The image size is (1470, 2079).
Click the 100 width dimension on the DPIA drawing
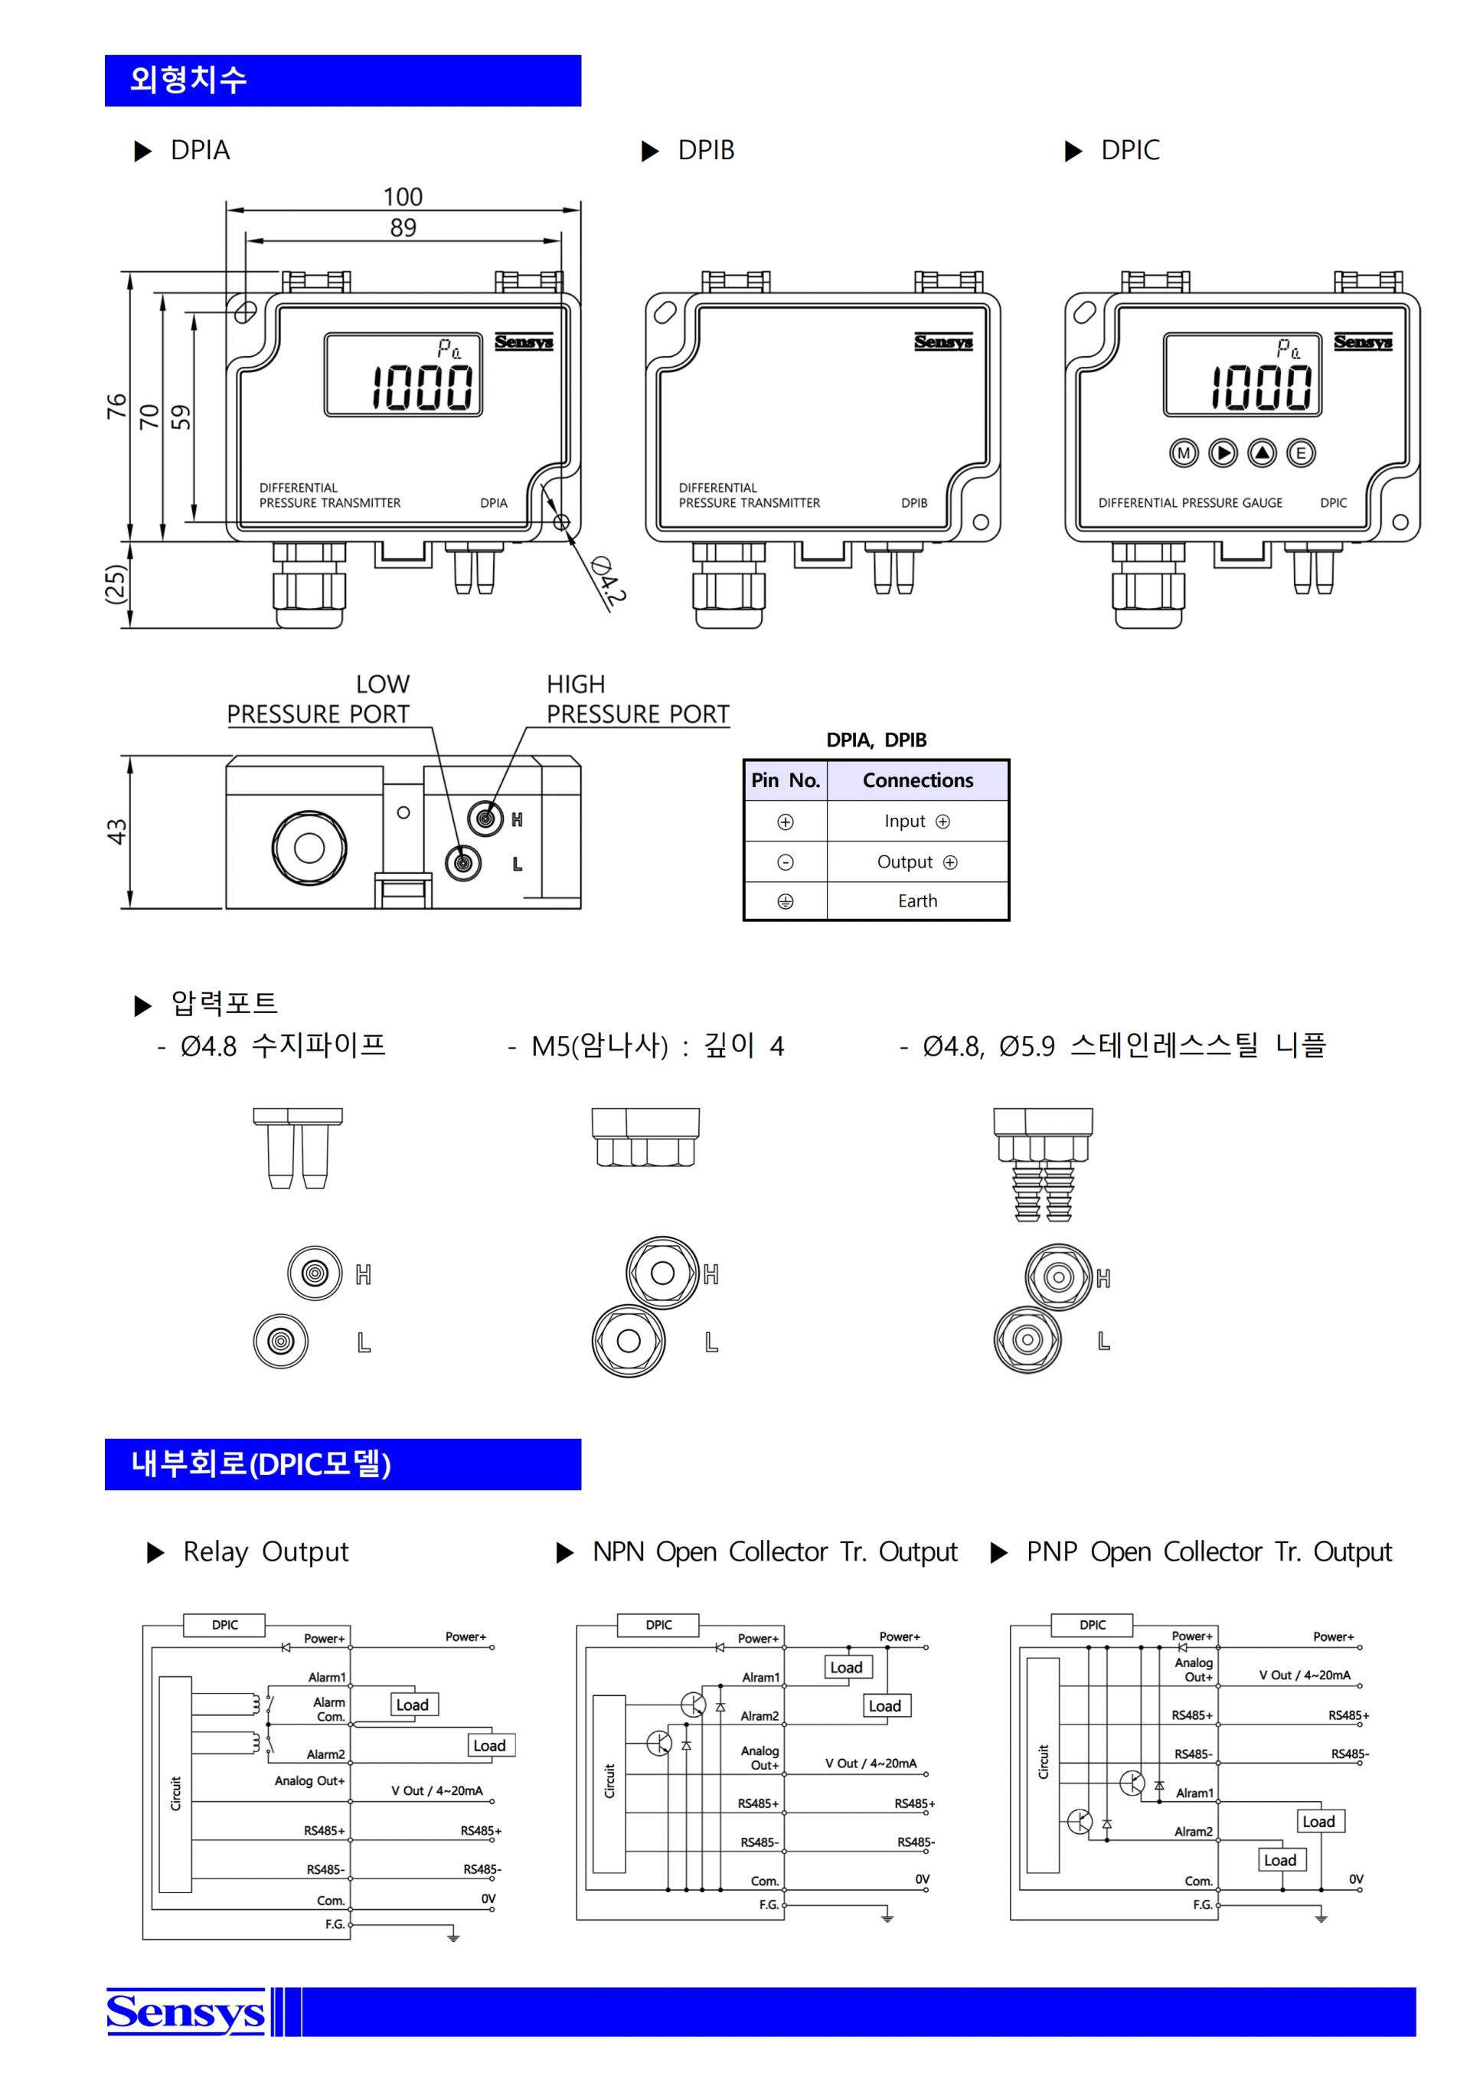pyautogui.click(x=403, y=197)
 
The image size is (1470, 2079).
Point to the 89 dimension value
pyautogui.click(x=403, y=227)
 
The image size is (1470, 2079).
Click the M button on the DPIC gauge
pyautogui.click(x=1183, y=453)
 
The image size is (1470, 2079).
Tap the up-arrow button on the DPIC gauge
pyautogui.click(x=1262, y=453)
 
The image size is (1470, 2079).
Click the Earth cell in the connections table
pyautogui.click(x=918, y=901)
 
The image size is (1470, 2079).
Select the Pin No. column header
pyautogui.click(x=785, y=780)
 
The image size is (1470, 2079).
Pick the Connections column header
pyautogui.click(x=918, y=780)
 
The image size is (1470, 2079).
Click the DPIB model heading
pyautogui.click(x=706, y=150)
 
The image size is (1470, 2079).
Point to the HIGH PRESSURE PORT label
pyautogui.click(x=637, y=699)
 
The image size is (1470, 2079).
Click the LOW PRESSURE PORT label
pyautogui.click(x=318, y=699)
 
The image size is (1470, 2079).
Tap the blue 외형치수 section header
pyautogui.click(x=343, y=80)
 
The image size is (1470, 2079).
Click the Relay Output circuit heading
pyautogui.click(x=265, y=1552)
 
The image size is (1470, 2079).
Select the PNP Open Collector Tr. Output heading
pyautogui.click(x=1208, y=1552)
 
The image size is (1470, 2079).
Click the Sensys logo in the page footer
pyautogui.click(x=185, y=2012)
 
